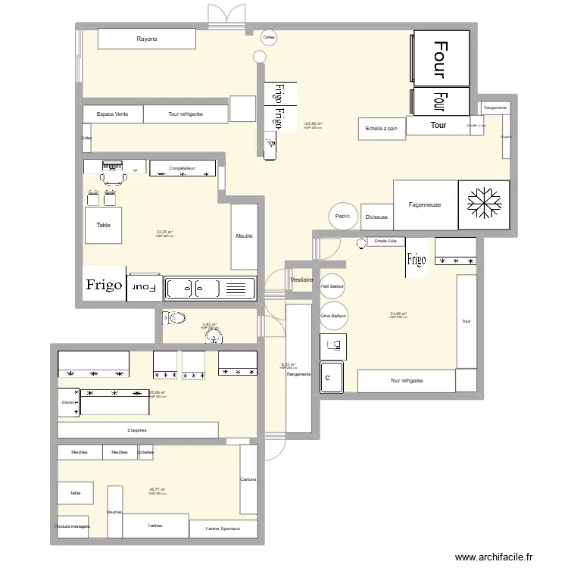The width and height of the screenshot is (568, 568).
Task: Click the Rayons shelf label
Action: pyautogui.click(x=147, y=39)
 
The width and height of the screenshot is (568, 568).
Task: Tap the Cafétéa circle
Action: pyautogui.click(x=268, y=37)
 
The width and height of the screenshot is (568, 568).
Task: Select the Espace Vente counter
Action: pyautogui.click(x=112, y=114)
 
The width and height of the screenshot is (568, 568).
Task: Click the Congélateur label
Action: pyautogui.click(x=183, y=168)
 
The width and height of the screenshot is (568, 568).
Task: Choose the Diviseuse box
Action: pyautogui.click(x=376, y=217)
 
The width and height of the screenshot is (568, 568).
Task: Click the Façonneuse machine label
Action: pyautogui.click(x=424, y=204)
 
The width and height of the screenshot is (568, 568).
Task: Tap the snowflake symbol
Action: pyautogui.click(x=484, y=203)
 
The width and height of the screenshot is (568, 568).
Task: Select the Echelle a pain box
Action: pyautogui.click(x=381, y=129)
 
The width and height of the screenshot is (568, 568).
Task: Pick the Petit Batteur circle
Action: pyautogui.click(x=332, y=286)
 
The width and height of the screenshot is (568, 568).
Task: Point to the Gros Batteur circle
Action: pyautogui.click(x=333, y=315)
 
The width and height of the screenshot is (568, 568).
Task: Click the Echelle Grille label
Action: pyautogui.click(x=385, y=242)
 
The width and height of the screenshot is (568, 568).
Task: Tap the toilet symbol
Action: pyautogui.click(x=176, y=318)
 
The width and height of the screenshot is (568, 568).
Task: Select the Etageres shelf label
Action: pyautogui.click(x=137, y=429)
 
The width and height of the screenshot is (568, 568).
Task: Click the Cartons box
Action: pyautogui.click(x=248, y=479)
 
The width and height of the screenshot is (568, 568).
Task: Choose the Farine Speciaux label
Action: pyautogui.click(x=224, y=529)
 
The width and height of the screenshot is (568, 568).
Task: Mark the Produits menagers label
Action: pyautogui.click(x=73, y=526)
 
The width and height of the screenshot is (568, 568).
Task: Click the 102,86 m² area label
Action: pyautogui.click(x=312, y=124)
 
